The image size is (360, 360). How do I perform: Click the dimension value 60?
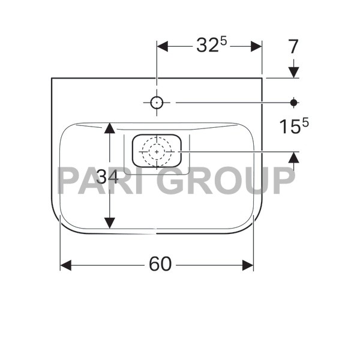pos(157,265)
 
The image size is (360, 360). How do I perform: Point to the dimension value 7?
pos(293,46)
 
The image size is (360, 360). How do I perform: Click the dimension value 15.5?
pos(293,127)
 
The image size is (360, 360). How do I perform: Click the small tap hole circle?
pos(157,103)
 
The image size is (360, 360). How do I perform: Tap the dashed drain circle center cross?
pos(157,152)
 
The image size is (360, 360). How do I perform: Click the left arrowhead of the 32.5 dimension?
pos(163,46)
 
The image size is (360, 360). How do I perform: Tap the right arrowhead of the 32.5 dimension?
pos(256,46)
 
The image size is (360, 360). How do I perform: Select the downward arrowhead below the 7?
pos(293,72)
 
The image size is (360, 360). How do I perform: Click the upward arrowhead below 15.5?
pos(293,157)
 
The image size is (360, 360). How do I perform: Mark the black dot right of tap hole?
pos(293,103)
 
